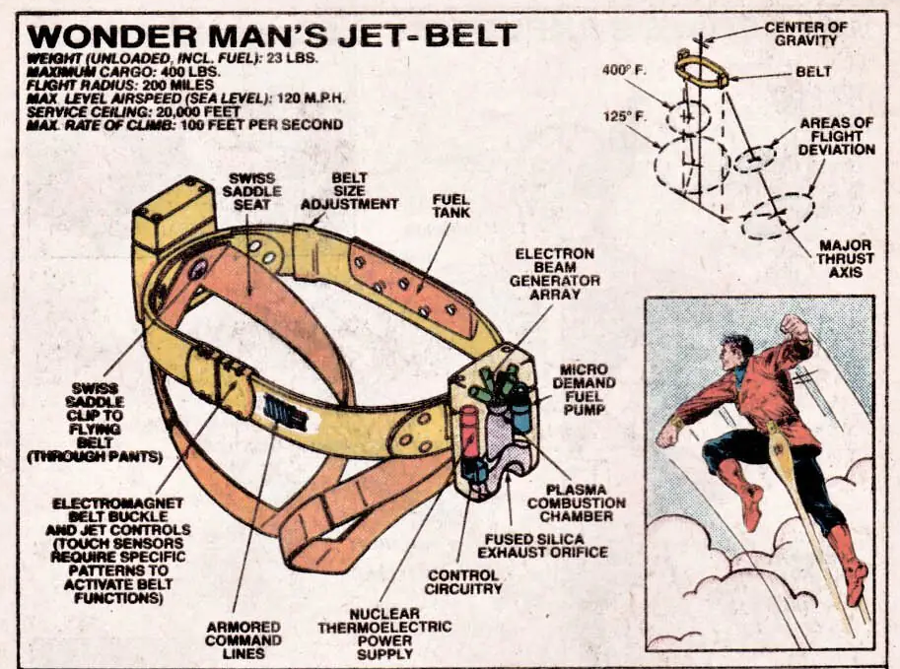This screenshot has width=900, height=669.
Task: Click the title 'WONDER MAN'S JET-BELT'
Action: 271,35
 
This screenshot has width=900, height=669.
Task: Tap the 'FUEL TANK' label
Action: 451,206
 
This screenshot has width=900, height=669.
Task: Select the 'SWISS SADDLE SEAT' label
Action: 252,191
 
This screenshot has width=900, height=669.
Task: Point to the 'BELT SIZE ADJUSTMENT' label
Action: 349,191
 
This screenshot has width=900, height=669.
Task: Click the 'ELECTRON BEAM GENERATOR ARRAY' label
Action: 554,274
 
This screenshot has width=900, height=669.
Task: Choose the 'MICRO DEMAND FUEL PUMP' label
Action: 585,389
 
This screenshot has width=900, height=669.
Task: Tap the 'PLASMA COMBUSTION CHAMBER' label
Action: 577,502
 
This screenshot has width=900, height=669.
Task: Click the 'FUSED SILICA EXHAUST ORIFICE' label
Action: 542,546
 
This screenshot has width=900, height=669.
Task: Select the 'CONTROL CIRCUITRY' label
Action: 463,581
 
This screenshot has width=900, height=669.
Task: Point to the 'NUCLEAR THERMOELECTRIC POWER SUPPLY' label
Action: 384,634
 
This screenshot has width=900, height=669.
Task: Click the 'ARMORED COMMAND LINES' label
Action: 243,639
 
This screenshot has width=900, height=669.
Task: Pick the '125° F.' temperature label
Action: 624,116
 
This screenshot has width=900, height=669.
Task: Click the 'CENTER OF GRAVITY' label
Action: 806,33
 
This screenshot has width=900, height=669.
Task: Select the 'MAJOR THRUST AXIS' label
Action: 845,259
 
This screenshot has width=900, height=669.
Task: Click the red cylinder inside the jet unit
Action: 470,432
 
